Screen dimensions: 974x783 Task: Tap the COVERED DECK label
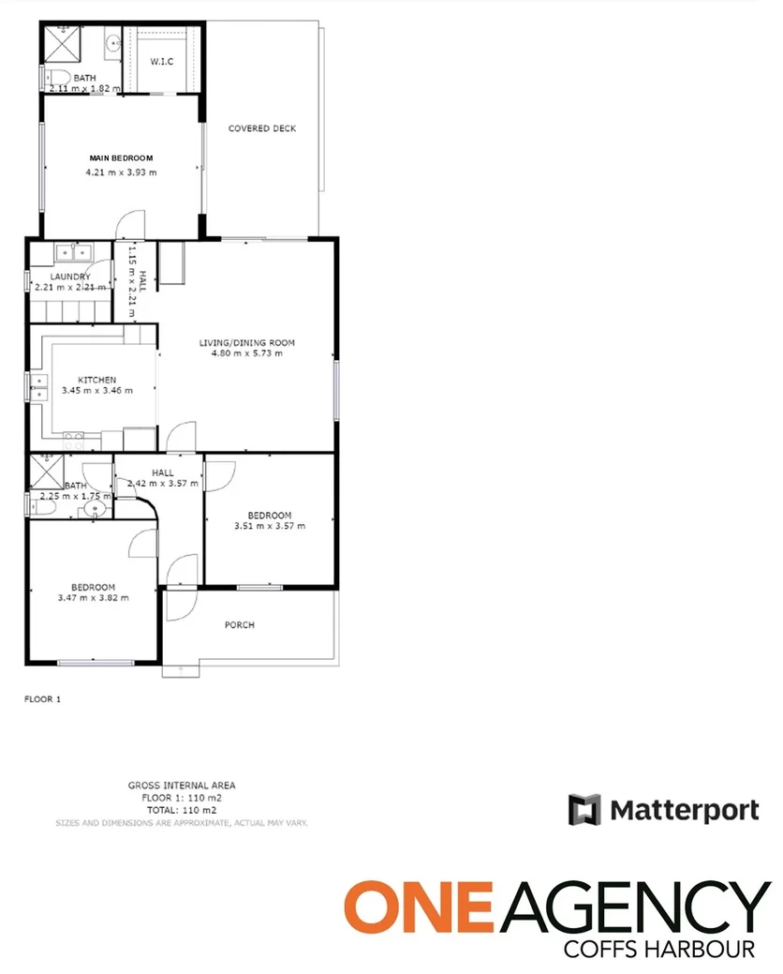262,128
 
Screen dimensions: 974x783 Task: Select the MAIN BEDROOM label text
121,158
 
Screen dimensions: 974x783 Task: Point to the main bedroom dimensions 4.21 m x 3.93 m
121,172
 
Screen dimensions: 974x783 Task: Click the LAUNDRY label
70,277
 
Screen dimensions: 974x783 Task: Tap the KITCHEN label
96,379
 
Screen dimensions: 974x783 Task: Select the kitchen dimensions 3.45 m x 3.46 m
96,390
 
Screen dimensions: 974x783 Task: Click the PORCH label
240,625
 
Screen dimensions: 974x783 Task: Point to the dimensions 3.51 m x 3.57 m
270,526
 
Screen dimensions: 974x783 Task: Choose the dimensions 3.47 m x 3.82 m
93,598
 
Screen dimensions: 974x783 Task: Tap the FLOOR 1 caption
41,698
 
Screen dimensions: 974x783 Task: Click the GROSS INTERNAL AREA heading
182,786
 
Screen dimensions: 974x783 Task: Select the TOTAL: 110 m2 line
182,809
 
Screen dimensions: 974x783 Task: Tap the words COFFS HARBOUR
659,950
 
